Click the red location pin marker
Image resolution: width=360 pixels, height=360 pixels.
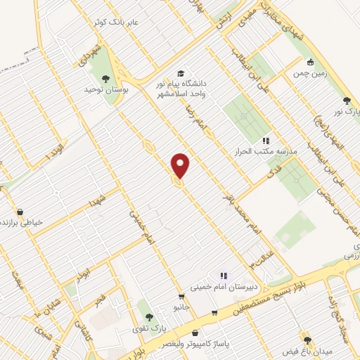coord(181,165)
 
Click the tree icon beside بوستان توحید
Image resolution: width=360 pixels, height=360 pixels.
coord(105,79)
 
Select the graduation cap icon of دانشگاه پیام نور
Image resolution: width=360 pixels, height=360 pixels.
coord(181,74)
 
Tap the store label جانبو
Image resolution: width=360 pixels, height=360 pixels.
coord(184,307)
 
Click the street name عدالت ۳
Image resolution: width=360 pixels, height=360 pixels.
coord(253,261)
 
